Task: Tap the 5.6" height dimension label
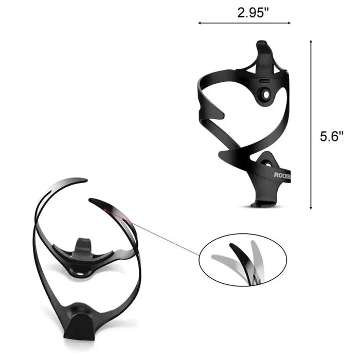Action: coord(331,136)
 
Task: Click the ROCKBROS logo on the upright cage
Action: coord(282,175)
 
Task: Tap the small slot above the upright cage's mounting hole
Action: coord(265,81)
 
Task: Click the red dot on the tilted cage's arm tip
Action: coord(104,209)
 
